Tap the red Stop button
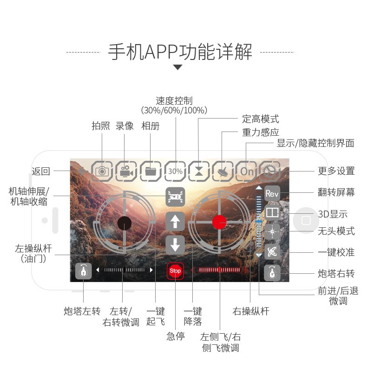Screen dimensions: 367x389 click(x=175, y=270)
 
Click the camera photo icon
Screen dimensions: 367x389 click(x=102, y=171)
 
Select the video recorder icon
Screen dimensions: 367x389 click(x=126, y=171)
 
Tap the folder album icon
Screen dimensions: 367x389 click(x=151, y=171)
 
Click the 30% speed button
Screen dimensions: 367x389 click(x=175, y=171)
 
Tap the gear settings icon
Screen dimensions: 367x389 click(x=269, y=171)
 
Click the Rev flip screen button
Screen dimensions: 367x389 click(x=272, y=193)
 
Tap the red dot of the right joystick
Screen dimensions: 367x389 click(x=219, y=222)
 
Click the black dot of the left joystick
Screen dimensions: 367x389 click(x=125, y=223)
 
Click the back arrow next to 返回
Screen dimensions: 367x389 click(x=83, y=171)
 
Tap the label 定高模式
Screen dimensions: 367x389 click(x=261, y=119)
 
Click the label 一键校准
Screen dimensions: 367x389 click(x=336, y=252)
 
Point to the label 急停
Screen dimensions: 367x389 click(x=176, y=336)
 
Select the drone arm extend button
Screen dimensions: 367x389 click(x=175, y=197)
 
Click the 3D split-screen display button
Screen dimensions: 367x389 click(x=272, y=212)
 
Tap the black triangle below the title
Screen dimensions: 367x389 click(x=177, y=67)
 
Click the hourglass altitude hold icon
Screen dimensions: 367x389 click(x=199, y=171)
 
